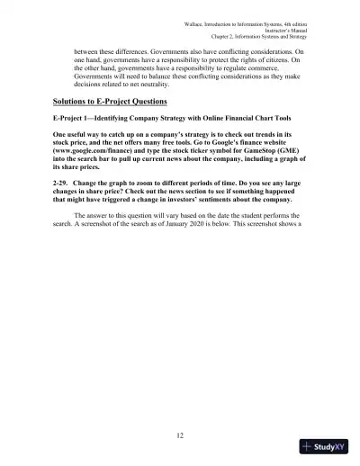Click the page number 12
pos(180,435)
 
